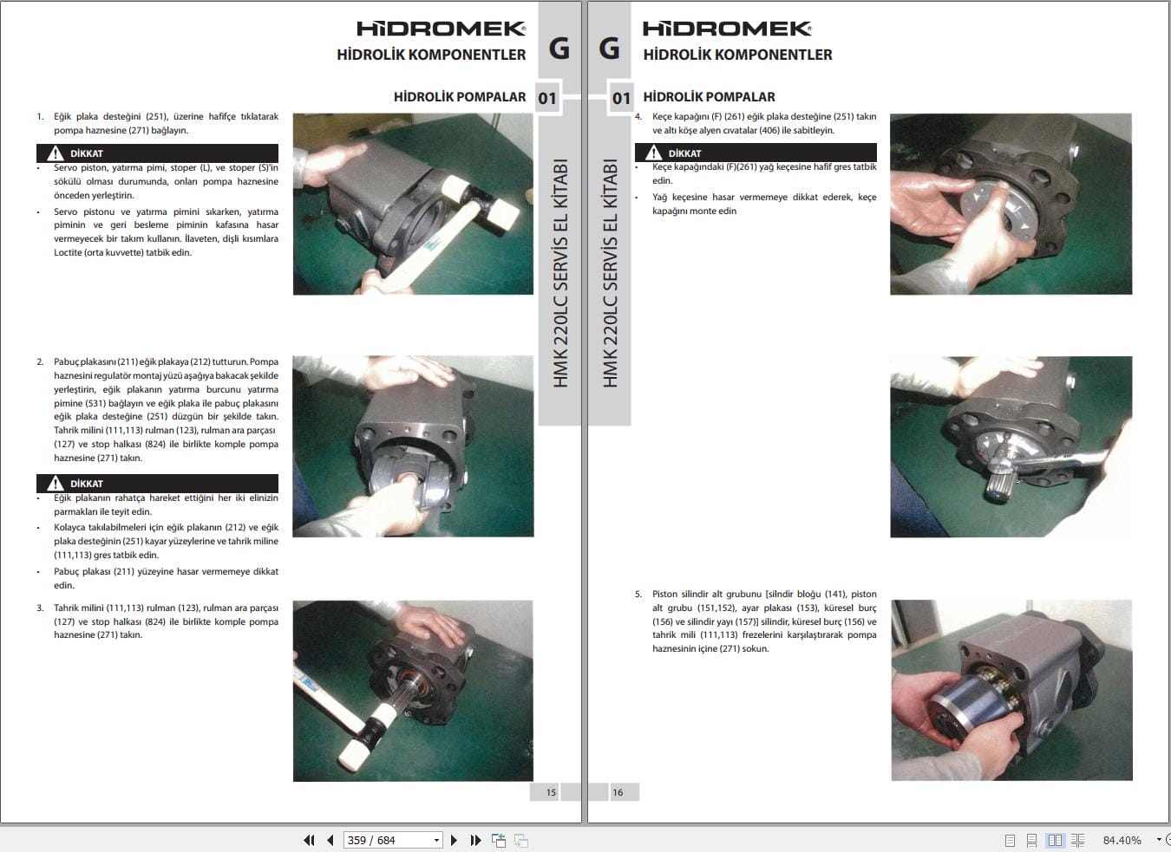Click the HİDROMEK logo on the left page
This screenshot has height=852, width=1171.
(442, 29)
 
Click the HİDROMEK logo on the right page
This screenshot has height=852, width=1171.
(727, 29)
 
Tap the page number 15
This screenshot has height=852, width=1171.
(551, 792)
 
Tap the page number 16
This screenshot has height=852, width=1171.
(618, 792)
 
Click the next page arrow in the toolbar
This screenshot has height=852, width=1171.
(454, 840)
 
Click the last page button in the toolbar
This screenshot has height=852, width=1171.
(475, 840)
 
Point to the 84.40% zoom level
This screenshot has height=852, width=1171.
(1122, 840)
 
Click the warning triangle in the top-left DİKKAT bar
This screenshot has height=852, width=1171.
(55, 153)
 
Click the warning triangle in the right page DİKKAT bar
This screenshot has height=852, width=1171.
(653, 153)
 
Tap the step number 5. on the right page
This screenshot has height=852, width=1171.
(638, 594)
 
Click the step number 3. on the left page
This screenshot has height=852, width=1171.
(40, 608)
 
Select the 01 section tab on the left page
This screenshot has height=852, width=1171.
(547, 98)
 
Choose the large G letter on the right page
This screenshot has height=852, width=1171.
(610, 48)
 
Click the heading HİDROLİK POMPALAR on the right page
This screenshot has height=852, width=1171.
(709, 96)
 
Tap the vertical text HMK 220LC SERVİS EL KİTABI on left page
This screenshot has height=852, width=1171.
(559, 273)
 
